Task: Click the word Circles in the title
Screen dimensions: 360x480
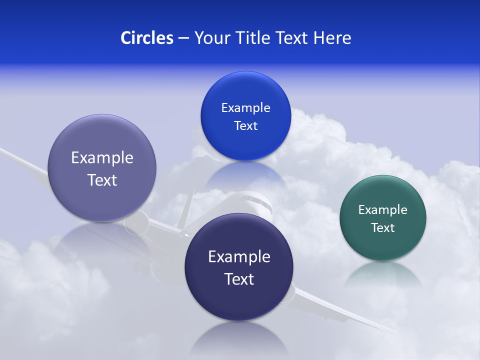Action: pos(146,37)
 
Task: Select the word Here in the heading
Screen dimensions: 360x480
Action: pos(332,37)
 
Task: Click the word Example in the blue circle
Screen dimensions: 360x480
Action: pos(245,107)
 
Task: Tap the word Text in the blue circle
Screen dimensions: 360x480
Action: pos(245,125)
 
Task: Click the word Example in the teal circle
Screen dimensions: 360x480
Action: pos(383,209)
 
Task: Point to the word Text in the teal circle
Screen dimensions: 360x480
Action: pos(383,227)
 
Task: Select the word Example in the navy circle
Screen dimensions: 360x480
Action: pos(239,256)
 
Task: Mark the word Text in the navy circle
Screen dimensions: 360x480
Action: pos(239,278)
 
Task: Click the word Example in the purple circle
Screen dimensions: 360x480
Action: pos(102,157)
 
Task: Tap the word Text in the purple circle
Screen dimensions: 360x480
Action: pos(102,179)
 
